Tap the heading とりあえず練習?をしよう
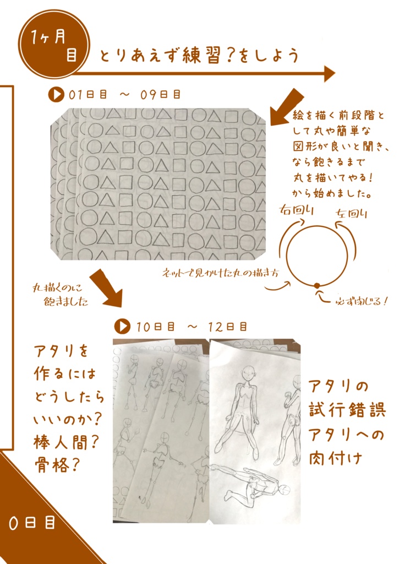click(199, 56)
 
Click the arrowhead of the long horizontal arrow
click(329, 73)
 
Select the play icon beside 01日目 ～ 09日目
click(56, 95)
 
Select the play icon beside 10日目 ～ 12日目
click(122, 326)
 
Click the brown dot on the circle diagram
click(317, 285)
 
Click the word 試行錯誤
click(347, 410)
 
